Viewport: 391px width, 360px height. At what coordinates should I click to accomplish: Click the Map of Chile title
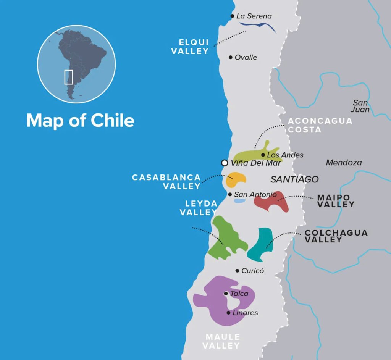(x=80, y=121)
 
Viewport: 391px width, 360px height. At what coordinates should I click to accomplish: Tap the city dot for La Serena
(x=232, y=16)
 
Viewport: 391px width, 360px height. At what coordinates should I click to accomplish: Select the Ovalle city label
(x=246, y=57)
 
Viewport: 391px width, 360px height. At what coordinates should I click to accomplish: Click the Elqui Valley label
(x=190, y=47)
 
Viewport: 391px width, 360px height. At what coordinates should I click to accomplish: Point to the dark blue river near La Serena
(x=257, y=26)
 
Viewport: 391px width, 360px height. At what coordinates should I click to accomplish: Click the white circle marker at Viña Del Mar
(x=225, y=163)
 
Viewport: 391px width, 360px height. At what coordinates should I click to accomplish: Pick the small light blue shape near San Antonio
(x=239, y=200)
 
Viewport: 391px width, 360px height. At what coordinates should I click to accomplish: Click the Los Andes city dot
(x=263, y=155)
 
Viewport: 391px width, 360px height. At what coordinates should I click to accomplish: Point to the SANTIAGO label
(x=294, y=179)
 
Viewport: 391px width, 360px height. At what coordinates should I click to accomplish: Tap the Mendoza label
(x=344, y=163)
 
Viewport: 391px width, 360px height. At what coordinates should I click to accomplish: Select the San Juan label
(x=361, y=106)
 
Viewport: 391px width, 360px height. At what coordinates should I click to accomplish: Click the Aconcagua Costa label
(x=320, y=125)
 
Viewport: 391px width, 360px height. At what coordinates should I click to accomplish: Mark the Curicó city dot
(x=237, y=270)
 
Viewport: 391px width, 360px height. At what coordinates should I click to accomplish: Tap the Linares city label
(x=245, y=313)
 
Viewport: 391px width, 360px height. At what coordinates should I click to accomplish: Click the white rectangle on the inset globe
(x=68, y=77)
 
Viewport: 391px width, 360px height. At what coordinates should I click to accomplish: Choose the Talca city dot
(x=226, y=294)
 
